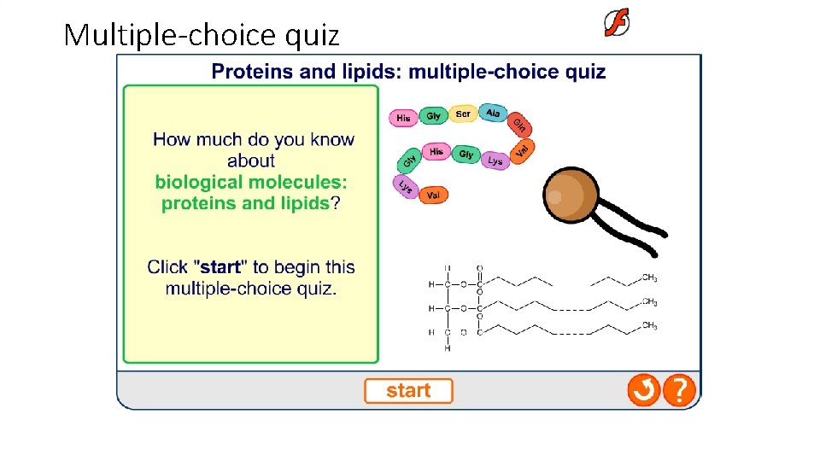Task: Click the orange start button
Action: pos(408,391)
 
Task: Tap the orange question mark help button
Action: pos(679,391)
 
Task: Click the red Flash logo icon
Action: pos(617,24)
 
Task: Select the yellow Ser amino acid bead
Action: pos(463,114)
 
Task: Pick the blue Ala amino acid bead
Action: pos(493,113)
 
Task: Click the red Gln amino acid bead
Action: pos(520,125)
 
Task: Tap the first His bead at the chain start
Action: pos(403,118)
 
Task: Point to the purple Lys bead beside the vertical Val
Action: pos(495,160)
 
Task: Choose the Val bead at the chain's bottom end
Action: pos(432,195)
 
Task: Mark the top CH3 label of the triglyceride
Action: pos(649,278)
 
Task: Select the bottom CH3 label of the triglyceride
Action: pos(649,325)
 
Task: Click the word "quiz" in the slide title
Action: pos(313,36)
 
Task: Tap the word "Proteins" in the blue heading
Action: pos(248,72)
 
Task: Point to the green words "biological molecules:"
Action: pos(251,182)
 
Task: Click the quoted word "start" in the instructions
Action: pos(220,267)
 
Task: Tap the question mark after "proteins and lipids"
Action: pos(336,203)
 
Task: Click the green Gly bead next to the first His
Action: pos(434,116)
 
